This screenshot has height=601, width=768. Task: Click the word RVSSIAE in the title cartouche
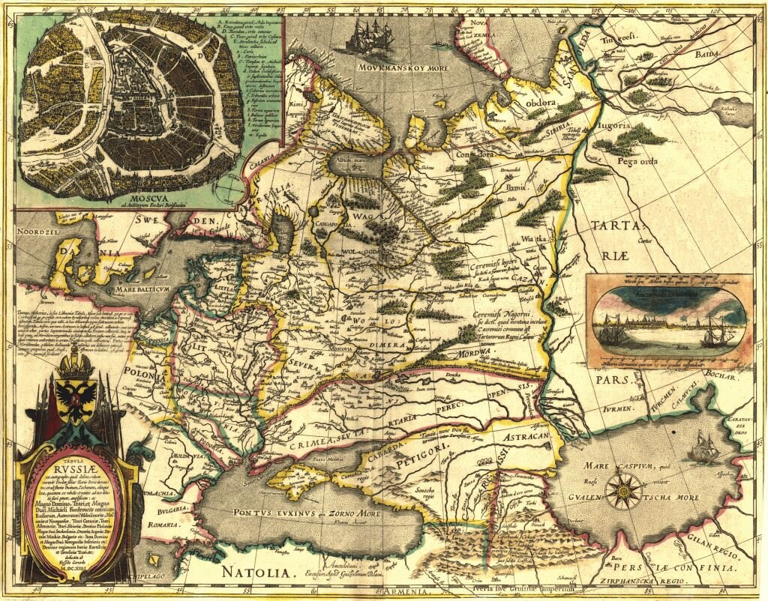point(76,462)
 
